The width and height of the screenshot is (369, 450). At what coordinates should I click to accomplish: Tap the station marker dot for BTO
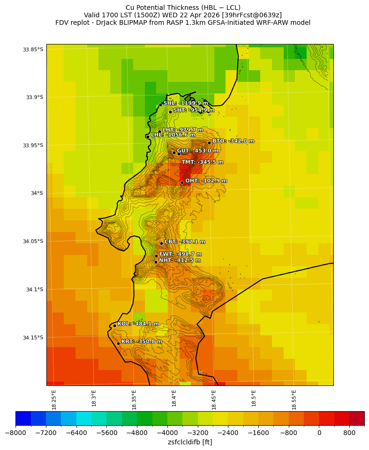point(209,143)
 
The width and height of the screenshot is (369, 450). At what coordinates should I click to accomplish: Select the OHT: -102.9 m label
point(206,181)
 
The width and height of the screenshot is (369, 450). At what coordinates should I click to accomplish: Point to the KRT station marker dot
point(118,343)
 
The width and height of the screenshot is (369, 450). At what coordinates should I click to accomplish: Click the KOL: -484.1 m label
point(138,324)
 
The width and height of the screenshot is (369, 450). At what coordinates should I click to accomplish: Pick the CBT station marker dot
point(161,243)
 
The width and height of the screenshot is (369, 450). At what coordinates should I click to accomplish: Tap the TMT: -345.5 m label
point(203,162)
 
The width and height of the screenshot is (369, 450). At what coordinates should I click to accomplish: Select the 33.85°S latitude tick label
point(33,50)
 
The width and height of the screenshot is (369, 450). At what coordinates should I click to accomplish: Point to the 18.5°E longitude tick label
point(254,399)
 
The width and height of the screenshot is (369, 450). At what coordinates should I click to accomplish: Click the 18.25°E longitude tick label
point(54,399)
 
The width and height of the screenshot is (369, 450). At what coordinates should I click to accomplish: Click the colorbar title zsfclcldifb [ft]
point(190,442)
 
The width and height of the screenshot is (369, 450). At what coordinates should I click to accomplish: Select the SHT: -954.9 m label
point(194,110)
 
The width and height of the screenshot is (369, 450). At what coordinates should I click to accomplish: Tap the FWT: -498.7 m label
point(180,254)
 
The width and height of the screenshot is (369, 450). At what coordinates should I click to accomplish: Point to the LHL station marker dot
point(148,137)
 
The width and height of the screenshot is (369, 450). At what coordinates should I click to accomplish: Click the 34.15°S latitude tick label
point(33,338)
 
